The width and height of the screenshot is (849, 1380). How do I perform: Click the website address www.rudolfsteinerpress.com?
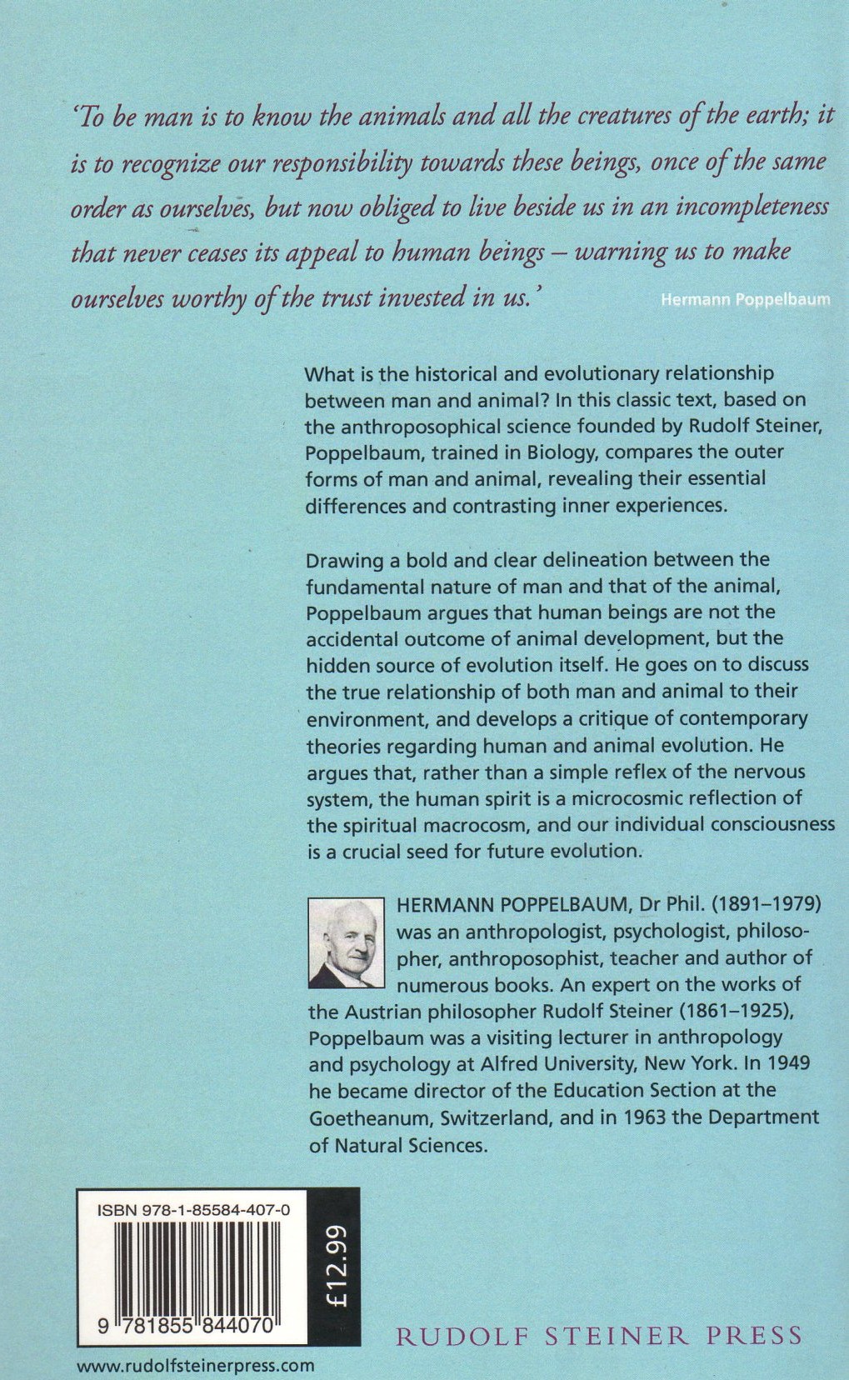[x=196, y=1365]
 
